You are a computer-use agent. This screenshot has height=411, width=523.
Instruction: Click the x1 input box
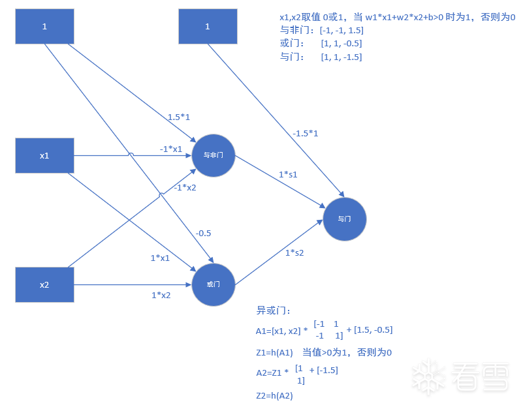point(44,156)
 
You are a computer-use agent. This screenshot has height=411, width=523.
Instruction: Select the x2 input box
point(44,285)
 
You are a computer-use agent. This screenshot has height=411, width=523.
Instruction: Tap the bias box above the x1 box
point(44,27)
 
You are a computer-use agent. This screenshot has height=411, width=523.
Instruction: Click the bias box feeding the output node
point(208,27)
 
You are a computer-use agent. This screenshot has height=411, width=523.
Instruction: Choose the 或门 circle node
point(214,285)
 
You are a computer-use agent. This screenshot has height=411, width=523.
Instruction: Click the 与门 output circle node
point(345,219)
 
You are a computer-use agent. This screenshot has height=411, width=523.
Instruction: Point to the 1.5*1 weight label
point(178,117)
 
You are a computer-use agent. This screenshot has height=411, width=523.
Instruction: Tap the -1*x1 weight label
point(171,149)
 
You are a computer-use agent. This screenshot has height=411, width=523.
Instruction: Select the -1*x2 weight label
point(185,188)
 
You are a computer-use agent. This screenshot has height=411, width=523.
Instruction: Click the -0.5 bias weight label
point(203,233)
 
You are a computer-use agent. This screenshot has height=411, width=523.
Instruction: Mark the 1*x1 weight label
point(160,258)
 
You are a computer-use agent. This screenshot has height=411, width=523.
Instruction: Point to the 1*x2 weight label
point(161,295)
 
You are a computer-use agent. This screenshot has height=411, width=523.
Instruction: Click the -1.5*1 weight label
point(306,133)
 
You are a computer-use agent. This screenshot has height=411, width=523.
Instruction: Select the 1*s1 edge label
point(288,174)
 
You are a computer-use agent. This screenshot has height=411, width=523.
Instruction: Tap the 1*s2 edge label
point(294,252)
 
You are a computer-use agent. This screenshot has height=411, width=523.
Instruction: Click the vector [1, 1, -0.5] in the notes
point(341,44)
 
